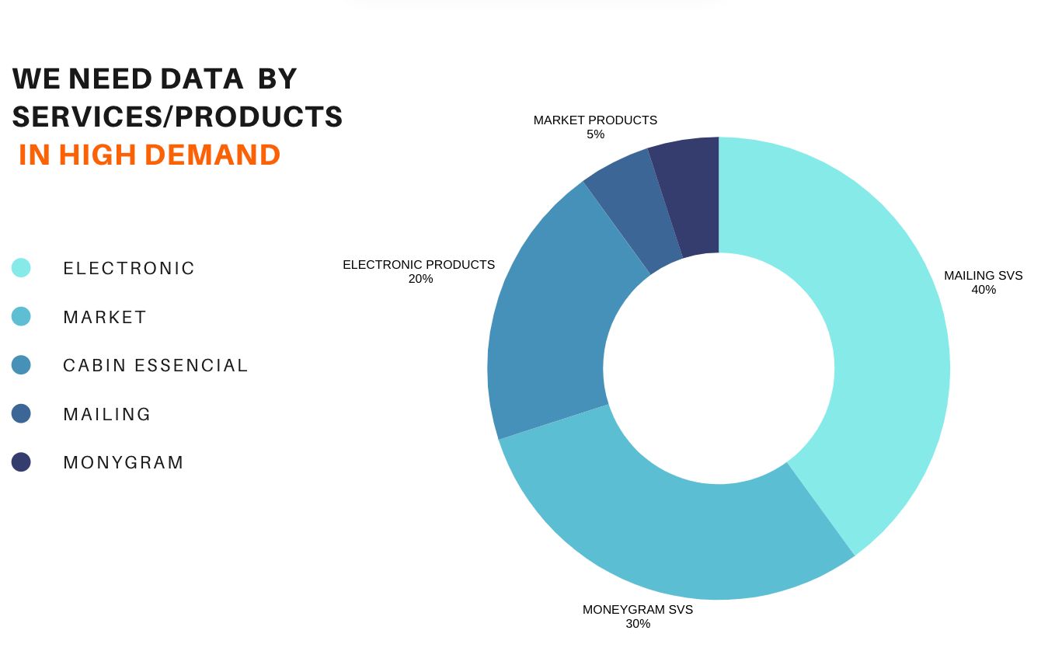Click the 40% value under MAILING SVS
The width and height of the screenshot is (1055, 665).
click(983, 290)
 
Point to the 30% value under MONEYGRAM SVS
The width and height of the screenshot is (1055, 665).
click(637, 623)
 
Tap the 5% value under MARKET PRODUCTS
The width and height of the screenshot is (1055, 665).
click(595, 134)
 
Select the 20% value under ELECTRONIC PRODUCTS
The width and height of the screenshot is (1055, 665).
click(420, 279)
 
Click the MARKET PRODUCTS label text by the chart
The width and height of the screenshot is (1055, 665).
click(595, 120)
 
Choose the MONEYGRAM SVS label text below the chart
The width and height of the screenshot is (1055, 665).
click(637, 610)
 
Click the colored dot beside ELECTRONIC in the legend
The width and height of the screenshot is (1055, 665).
click(21, 268)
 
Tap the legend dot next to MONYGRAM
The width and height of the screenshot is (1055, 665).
click(21, 462)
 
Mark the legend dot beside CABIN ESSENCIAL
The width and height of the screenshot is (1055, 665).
click(21, 365)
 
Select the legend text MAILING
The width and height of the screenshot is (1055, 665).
click(107, 414)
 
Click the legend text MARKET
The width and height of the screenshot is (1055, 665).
click(105, 317)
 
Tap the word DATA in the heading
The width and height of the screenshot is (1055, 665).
click(201, 78)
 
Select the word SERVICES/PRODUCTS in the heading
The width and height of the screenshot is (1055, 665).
click(177, 117)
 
